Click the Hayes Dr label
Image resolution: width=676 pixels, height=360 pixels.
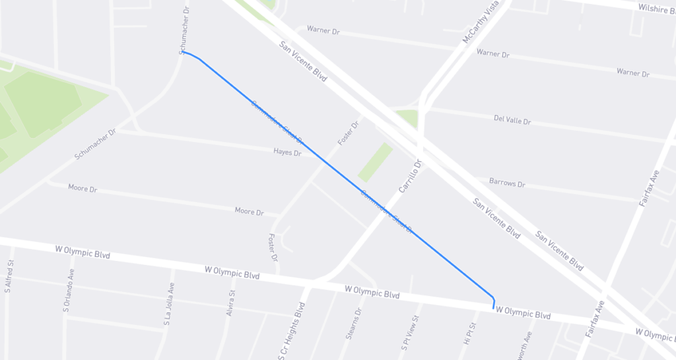click(x=287, y=153)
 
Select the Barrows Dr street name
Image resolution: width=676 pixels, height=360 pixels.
click(x=507, y=183)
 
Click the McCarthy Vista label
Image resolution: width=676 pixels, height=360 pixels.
click(x=478, y=24)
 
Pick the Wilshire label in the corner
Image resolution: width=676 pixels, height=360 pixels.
click(x=656, y=8)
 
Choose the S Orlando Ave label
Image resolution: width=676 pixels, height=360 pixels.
click(x=68, y=290)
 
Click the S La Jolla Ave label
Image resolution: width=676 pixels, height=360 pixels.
click(x=169, y=305)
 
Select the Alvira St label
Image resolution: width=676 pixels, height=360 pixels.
click(x=230, y=303)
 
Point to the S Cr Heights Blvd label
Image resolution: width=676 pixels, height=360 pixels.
click(x=291, y=331)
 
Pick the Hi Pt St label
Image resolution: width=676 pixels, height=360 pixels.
click(x=470, y=334)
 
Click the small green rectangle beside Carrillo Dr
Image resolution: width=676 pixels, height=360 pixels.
click(x=375, y=162)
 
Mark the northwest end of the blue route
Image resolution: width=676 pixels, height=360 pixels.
click(x=183, y=52)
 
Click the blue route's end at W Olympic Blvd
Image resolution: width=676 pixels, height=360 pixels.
click(x=494, y=307)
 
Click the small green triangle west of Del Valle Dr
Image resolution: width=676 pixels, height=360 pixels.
click(x=409, y=118)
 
